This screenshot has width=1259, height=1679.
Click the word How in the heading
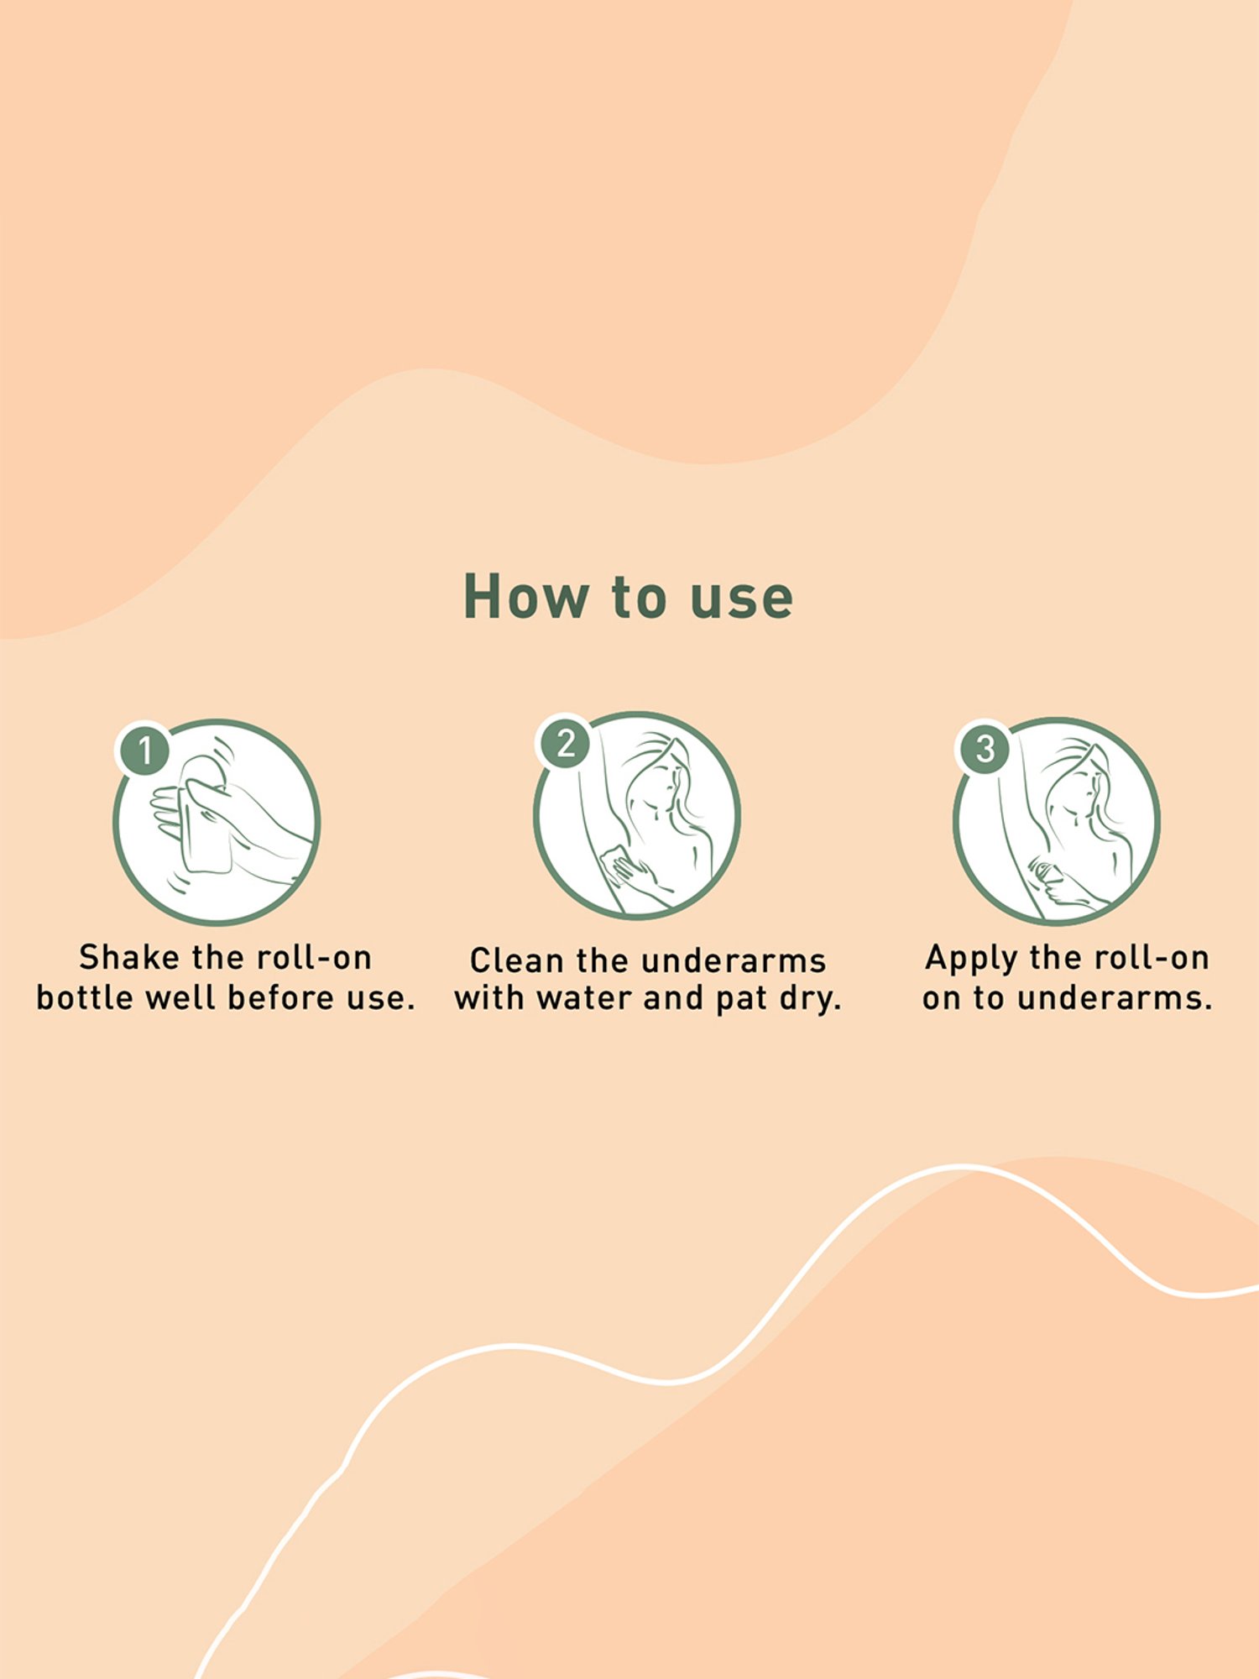[x=526, y=597]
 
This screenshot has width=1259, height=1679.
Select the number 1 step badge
[x=144, y=750]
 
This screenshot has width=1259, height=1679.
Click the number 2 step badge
[x=565, y=743]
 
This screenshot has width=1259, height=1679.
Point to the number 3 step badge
[x=985, y=748]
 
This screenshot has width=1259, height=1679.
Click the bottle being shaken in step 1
[x=204, y=814]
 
